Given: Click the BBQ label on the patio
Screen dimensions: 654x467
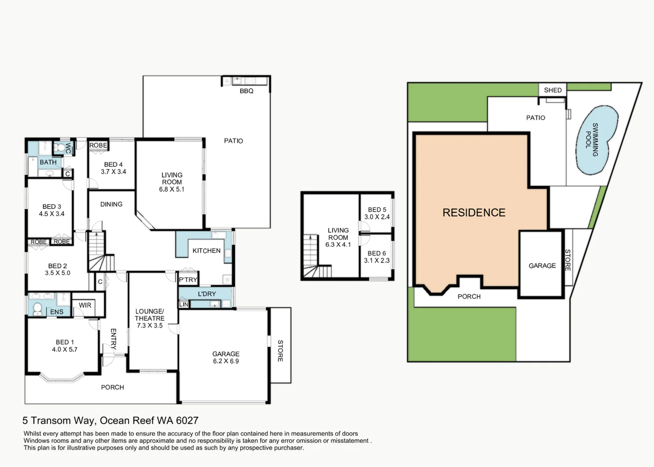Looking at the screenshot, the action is (x=247, y=91).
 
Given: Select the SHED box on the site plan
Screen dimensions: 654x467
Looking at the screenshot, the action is (x=552, y=90).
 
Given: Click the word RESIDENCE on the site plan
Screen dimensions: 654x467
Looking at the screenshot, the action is (x=474, y=212).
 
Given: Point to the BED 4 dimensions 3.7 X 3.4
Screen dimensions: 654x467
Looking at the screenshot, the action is (x=114, y=172).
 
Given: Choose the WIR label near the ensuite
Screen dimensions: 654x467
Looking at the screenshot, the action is (x=85, y=305).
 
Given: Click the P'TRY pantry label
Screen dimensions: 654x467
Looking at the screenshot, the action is (x=188, y=280).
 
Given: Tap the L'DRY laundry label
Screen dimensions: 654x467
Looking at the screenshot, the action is (x=207, y=294).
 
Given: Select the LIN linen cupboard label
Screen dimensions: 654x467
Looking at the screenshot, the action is (x=184, y=305).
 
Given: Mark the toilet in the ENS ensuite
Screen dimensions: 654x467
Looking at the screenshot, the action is (x=37, y=309).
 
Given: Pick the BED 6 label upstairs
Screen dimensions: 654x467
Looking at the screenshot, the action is (x=377, y=253).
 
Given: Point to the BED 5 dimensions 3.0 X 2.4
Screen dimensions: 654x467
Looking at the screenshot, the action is (x=377, y=217).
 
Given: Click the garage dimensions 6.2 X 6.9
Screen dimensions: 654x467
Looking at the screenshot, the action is (x=226, y=361).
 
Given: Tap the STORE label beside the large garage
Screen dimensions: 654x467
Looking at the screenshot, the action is (x=280, y=351).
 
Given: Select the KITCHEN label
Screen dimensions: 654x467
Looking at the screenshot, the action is (x=206, y=251).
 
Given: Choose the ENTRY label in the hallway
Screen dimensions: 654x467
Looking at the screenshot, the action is (x=114, y=339).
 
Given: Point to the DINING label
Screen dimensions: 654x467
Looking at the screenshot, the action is (x=111, y=204).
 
